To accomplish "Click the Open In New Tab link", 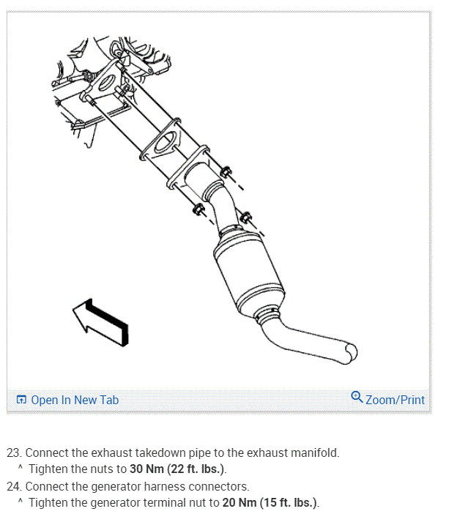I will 74,400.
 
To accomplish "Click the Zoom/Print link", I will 395,400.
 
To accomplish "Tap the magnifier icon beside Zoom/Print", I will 357,398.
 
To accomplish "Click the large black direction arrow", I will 102,320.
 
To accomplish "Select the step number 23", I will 14,453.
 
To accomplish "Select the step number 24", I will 14,486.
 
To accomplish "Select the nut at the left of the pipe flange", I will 196,211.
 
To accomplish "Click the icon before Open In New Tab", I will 21,400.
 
